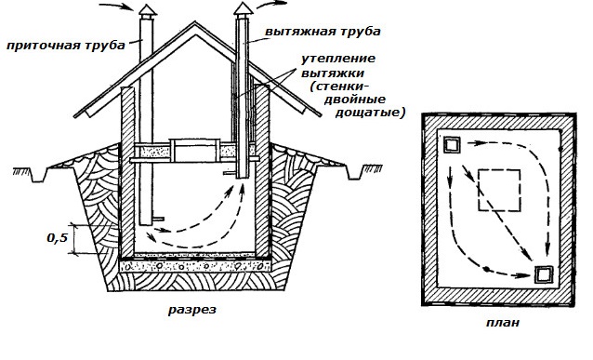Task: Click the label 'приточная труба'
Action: (x=65, y=47)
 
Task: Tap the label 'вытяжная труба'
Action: (x=323, y=32)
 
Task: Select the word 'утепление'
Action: (x=338, y=59)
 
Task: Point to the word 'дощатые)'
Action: (x=370, y=113)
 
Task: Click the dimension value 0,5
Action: (x=57, y=238)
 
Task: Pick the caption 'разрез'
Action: (x=192, y=310)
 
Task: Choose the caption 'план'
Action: (x=503, y=322)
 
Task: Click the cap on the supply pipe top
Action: (x=146, y=11)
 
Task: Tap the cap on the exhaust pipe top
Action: (x=243, y=10)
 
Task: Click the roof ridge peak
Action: (x=195, y=22)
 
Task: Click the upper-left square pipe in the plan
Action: (x=453, y=144)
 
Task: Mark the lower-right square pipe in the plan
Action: (x=544, y=274)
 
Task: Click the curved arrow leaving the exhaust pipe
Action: (x=271, y=4)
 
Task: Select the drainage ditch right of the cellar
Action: (x=354, y=173)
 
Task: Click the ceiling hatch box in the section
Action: (x=195, y=151)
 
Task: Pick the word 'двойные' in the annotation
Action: (x=355, y=100)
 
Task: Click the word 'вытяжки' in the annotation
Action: (x=333, y=73)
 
